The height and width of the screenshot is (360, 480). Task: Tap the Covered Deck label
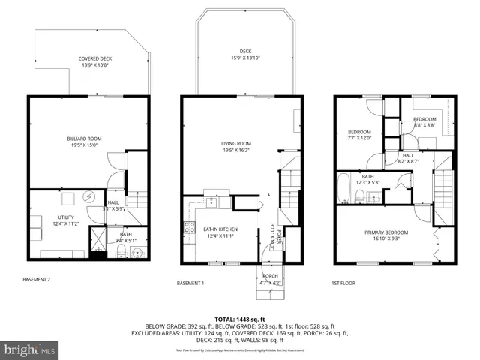click(94, 58)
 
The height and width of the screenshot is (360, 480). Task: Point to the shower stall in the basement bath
click(97, 240)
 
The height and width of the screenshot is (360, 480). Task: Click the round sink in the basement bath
click(136, 251)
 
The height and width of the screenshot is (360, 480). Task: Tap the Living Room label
click(235, 143)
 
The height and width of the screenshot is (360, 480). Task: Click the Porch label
click(270, 276)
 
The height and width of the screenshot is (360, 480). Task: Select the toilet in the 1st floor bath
click(360, 196)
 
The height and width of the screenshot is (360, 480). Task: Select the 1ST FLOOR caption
click(343, 283)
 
